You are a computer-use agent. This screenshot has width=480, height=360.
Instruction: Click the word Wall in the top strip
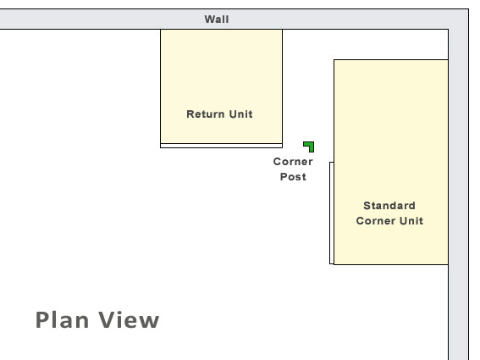(x=217, y=19)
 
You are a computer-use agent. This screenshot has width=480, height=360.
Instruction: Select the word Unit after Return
(x=241, y=114)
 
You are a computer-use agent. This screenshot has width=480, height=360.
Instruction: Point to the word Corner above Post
(x=293, y=162)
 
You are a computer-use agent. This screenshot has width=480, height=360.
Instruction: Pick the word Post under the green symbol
(x=293, y=177)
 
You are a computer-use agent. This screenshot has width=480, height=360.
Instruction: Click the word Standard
(x=389, y=206)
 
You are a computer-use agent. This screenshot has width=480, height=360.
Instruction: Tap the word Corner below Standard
(x=376, y=220)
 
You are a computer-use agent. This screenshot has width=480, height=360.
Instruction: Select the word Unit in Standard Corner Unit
(x=411, y=220)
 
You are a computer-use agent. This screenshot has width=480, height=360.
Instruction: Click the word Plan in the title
(x=62, y=320)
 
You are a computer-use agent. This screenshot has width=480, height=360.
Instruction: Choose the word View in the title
(x=129, y=320)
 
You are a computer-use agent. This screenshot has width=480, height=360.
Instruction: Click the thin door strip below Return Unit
(x=221, y=146)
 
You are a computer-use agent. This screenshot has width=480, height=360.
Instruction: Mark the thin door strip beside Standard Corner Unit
(x=332, y=213)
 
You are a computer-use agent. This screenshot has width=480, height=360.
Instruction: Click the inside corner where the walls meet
(x=449, y=30)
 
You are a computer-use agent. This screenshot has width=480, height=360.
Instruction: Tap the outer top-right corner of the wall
(x=468, y=9)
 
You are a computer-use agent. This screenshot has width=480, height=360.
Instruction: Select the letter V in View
(x=107, y=320)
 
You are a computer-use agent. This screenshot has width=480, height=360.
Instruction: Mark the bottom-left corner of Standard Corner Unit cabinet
(x=334, y=264)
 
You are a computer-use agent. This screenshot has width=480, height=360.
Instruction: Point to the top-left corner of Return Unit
(x=160, y=30)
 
